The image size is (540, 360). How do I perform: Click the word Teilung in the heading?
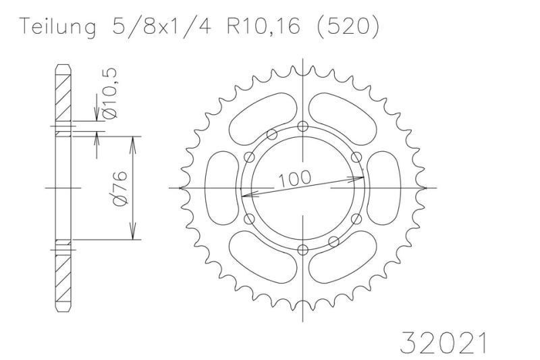point(57,26)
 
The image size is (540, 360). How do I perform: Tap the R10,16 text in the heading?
point(263,26)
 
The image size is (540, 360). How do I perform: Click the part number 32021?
point(443,342)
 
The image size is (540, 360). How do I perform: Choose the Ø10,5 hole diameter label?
point(110,93)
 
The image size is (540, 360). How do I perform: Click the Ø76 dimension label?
point(121,188)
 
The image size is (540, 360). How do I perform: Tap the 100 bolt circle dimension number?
point(295,178)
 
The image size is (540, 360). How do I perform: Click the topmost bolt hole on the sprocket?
point(302,126)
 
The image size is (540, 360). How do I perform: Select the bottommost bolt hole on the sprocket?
point(302,249)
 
